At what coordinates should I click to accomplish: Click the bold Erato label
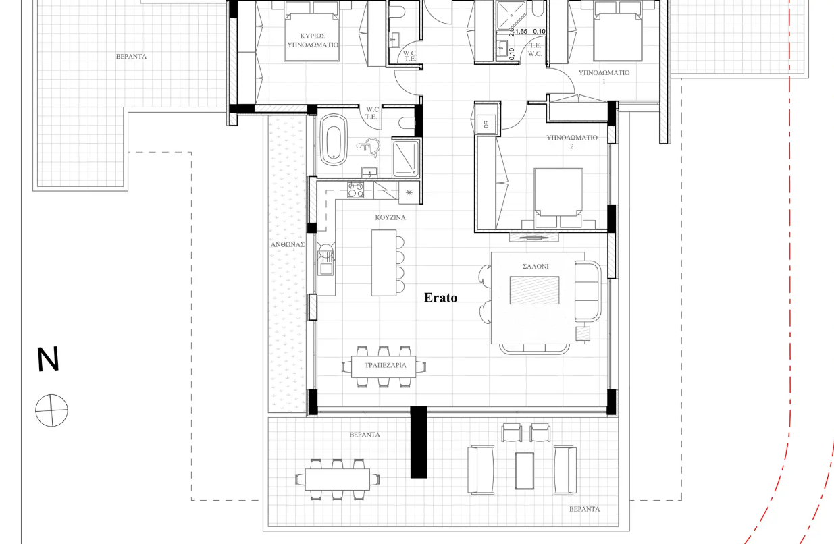440,298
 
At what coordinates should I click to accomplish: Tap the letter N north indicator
48,359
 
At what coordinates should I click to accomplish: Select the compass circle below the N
52,410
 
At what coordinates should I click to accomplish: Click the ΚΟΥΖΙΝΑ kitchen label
390,218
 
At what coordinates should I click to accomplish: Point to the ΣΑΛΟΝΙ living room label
536,267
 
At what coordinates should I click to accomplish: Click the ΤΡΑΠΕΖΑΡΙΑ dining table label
385,365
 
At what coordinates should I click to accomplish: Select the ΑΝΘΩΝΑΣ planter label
288,244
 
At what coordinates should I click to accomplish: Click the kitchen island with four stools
384,263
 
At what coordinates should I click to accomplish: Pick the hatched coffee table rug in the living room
534,290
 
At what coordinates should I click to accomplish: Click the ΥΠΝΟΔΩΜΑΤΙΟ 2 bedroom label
571,142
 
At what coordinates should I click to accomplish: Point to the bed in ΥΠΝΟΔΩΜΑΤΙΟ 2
558,197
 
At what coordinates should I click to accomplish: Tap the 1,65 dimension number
521,32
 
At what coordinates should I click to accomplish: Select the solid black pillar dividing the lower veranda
419,442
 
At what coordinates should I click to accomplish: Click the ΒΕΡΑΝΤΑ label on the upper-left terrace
131,57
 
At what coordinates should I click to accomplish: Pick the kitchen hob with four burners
356,190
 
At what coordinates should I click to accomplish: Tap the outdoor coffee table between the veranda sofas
525,470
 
